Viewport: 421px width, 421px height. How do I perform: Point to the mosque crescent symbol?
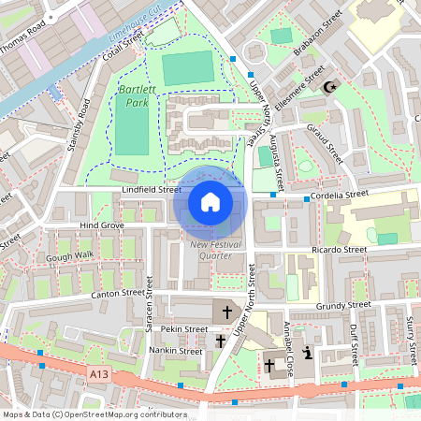[327, 87]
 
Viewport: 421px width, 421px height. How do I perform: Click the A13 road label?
[99, 373]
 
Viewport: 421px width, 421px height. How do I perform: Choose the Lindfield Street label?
[152, 189]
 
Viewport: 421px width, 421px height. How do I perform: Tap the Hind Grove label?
[102, 225]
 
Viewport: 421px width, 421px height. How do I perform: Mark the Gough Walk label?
[71, 254]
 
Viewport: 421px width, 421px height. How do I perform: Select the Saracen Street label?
[148, 320]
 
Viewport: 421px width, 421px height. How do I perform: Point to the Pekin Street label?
[182, 329]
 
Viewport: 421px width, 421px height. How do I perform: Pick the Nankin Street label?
[176, 352]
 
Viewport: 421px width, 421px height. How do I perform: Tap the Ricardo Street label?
[339, 250]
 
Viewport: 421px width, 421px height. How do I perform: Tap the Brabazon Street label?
[318, 35]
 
